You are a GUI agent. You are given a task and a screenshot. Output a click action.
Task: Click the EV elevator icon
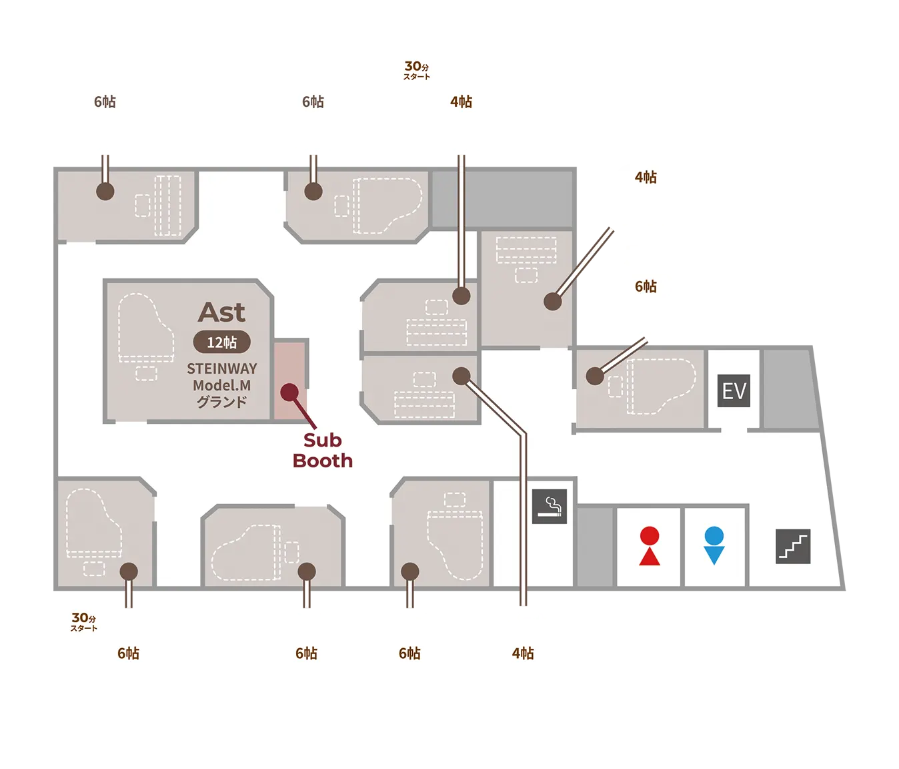[734, 391]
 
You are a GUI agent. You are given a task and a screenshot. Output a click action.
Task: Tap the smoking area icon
[549, 506]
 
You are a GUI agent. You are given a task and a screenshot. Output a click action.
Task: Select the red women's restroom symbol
[649, 546]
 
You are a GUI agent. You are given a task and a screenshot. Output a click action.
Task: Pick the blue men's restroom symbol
[714, 546]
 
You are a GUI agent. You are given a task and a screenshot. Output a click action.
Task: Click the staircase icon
[793, 546]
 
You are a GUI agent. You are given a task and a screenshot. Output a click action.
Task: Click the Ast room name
[222, 312]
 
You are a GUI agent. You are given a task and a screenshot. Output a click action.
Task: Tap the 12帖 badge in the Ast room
[221, 342]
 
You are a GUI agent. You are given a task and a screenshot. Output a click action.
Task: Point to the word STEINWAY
[221, 368]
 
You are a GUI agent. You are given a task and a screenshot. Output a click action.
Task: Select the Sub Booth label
[322, 451]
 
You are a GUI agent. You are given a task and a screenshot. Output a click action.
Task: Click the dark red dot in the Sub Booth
[289, 393]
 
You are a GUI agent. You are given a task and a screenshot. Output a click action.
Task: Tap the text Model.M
[221, 385]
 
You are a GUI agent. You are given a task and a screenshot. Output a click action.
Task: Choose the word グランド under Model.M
[221, 402]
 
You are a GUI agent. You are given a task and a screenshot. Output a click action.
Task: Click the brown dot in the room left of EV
[595, 376]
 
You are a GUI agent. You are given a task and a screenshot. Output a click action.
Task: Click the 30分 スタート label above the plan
[417, 70]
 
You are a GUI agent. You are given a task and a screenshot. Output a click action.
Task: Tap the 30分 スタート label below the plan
[84, 621]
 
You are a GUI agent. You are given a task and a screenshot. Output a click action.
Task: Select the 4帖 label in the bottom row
[523, 654]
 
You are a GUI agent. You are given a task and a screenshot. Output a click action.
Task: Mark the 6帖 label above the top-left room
[105, 101]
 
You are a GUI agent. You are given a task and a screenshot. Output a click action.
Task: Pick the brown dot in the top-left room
[105, 192]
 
